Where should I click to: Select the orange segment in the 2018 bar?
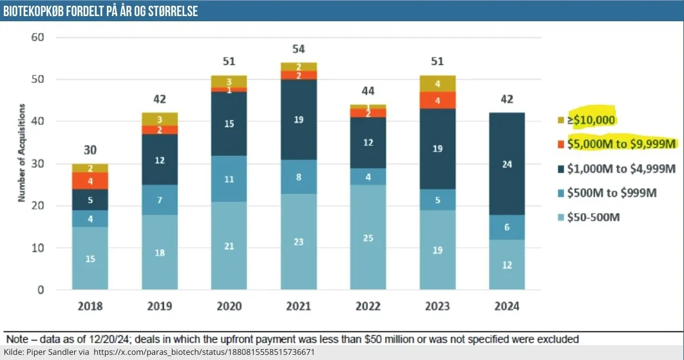point(90,181)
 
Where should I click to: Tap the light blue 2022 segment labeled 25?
point(368,238)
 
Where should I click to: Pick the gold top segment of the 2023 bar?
point(437,84)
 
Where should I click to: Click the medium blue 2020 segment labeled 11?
point(229,179)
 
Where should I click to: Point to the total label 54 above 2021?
point(298,50)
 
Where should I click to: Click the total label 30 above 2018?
point(90,150)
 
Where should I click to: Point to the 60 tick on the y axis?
point(38,37)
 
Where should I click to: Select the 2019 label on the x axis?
point(159,306)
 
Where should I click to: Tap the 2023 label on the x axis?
point(437,306)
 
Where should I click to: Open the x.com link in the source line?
point(204,353)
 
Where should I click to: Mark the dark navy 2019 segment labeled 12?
point(159,160)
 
